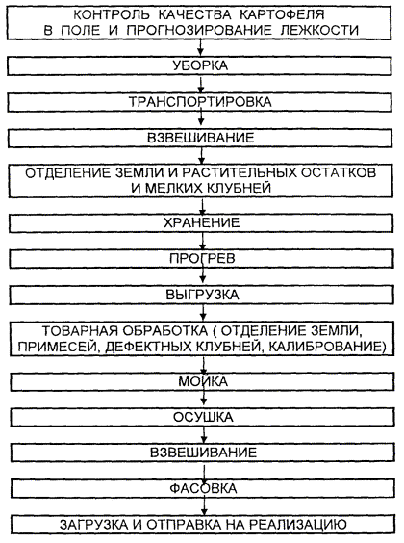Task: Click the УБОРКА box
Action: (x=199, y=65)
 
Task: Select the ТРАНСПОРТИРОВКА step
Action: (x=200, y=102)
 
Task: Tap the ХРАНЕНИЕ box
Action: (x=201, y=222)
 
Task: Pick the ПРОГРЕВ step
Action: (x=202, y=259)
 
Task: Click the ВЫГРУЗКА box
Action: (x=202, y=295)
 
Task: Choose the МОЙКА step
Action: (x=203, y=381)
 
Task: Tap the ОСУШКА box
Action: (x=203, y=417)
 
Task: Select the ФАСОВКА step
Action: (x=203, y=489)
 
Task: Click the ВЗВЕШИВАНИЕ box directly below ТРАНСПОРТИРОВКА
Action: (x=200, y=139)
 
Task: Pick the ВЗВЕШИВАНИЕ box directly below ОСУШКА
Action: (x=203, y=452)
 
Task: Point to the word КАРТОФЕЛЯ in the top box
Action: (x=282, y=14)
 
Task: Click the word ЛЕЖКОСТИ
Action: (x=319, y=30)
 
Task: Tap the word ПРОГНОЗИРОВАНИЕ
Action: (x=199, y=30)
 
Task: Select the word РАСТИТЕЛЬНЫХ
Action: (x=240, y=172)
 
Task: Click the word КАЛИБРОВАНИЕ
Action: (x=327, y=346)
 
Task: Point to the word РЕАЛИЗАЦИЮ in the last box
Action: (x=298, y=525)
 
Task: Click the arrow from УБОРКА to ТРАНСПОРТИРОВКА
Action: (x=201, y=84)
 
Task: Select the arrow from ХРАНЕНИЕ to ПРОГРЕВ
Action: (x=203, y=241)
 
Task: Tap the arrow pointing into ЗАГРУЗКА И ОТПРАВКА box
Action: (x=204, y=506)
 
